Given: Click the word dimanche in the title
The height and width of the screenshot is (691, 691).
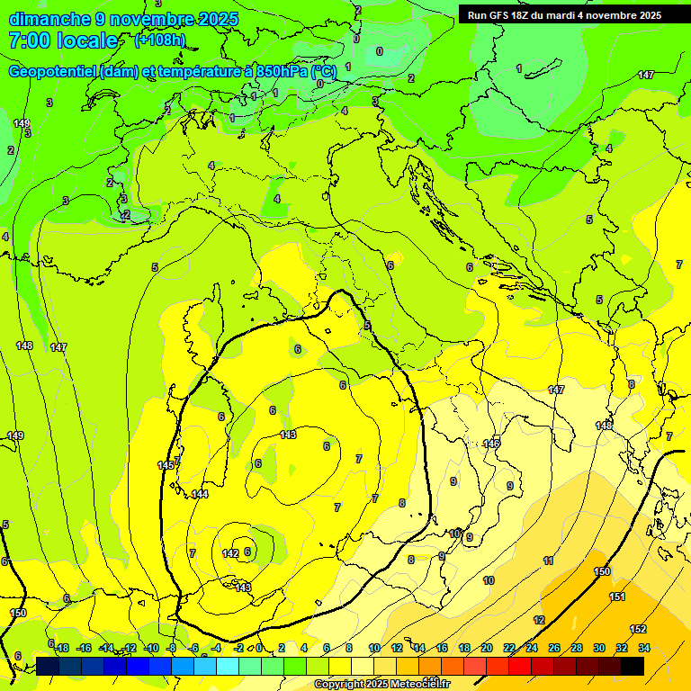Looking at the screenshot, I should tap(48, 19).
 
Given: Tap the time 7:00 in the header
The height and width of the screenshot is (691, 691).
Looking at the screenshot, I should tap(27, 40).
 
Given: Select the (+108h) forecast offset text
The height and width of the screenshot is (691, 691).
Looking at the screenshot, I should tap(160, 40).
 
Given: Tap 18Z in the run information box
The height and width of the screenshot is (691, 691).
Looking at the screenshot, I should tap(528, 15).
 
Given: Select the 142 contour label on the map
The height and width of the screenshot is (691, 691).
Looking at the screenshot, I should tap(229, 553).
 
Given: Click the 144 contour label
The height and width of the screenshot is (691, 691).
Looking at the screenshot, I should tap(200, 494).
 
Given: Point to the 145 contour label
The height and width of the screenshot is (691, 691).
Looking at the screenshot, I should tap(166, 465).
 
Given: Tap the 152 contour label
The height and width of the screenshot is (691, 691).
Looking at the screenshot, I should tap(638, 629).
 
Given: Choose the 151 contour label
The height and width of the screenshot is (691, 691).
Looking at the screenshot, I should tap(617, 597).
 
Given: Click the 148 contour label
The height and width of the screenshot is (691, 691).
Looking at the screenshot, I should tap(24, 345).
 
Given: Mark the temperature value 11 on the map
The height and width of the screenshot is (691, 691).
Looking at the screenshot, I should tap(548, 561).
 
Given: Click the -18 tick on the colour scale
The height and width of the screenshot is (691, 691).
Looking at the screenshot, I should tap(61, 648).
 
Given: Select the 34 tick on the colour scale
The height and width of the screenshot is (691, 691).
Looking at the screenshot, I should tap(644, 648).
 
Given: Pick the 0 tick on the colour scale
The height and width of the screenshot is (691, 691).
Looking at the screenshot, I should tap(259, 648).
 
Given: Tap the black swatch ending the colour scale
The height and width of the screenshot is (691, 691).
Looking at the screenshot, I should tap(633, 666).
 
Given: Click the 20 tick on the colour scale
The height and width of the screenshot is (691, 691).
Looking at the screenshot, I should tap(487, 648).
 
